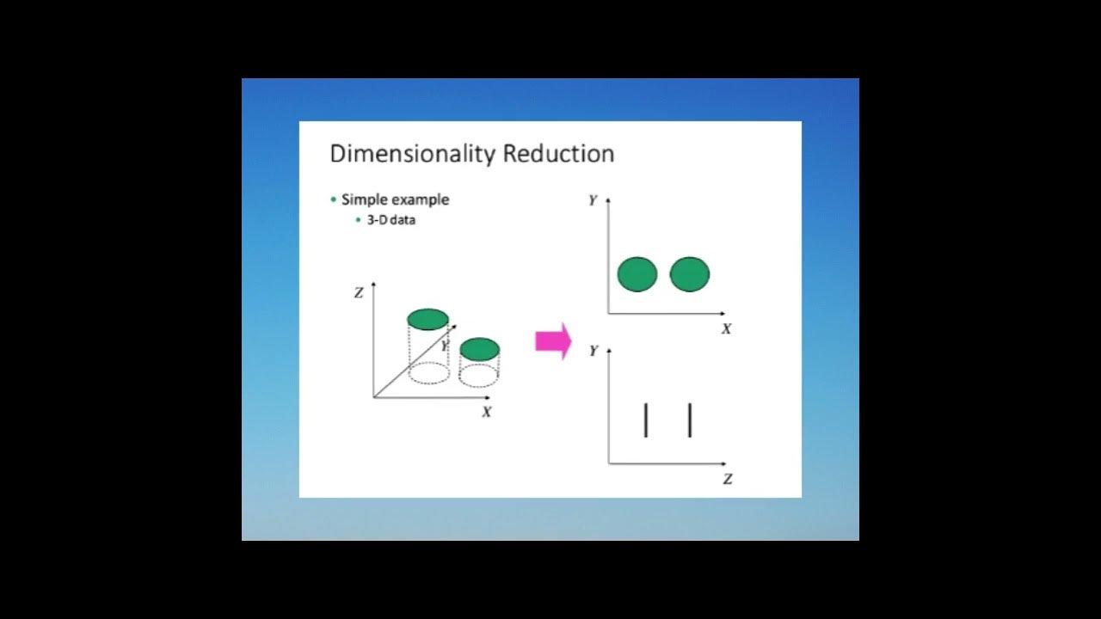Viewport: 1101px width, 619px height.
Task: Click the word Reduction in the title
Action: coord(558,154)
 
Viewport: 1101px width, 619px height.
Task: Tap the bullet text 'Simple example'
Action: coord(395,199)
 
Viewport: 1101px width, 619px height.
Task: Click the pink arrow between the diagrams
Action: coord(553,341)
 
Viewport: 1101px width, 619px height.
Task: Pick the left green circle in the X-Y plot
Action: coord(637,274)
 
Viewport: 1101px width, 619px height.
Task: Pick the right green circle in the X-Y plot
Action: coord(690,274)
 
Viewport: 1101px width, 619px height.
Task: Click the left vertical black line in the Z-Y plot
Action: coord(645,420)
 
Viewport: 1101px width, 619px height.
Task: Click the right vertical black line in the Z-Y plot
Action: coord(690,420)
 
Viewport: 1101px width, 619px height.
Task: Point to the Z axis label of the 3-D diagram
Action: coord(359,293)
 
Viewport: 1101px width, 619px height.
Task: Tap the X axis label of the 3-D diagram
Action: coord(487,413)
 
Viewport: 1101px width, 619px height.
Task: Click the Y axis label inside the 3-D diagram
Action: coord(445,346)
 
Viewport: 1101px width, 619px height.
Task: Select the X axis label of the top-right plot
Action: coord(726,329)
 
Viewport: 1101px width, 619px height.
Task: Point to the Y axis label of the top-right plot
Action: coord(593,200)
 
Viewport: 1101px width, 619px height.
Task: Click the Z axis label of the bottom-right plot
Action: coord(728,480)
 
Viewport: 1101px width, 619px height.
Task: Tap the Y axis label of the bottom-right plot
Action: coord(593,351)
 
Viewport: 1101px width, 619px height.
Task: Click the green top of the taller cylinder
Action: coord(427,319)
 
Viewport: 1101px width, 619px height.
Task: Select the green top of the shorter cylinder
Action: coord(479,348)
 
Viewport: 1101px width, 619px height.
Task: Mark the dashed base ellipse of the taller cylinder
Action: coord(428,373)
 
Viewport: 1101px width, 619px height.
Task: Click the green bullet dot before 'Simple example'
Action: coord(334,199)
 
